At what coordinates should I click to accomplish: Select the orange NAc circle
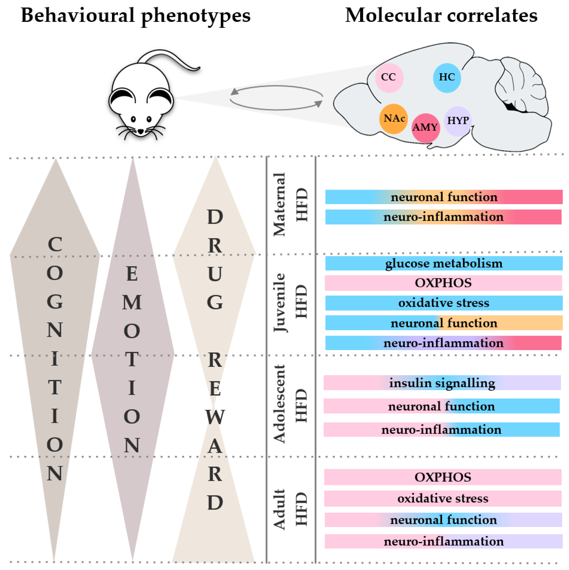393,119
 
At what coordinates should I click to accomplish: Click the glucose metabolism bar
443,263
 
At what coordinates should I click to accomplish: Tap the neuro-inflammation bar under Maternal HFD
443,217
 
